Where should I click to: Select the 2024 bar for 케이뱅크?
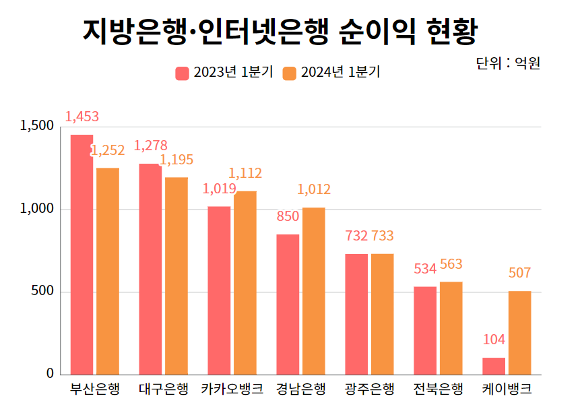click(x=519, y=333)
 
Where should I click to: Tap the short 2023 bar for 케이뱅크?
click(x=494, y=366)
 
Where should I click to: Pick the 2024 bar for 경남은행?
click(x=313, y=291)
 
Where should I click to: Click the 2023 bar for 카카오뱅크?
click(x=219, y=290)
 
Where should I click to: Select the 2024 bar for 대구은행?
click(x=176, y=276)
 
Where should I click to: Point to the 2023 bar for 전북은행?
click(x=425, y=330)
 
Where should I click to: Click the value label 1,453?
click(x=82, y=117)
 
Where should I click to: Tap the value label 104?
click(x=494, y=340)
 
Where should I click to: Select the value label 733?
click(x=383, y=236)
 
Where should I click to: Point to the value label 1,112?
click(x=245, y=174)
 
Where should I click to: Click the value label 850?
click(x=288, y=216)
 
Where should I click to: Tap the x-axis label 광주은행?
click(x=369, y=390)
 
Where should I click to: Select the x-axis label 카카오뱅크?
click(x=232, y=390)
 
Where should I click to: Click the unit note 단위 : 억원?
click(x=508, y=63)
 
